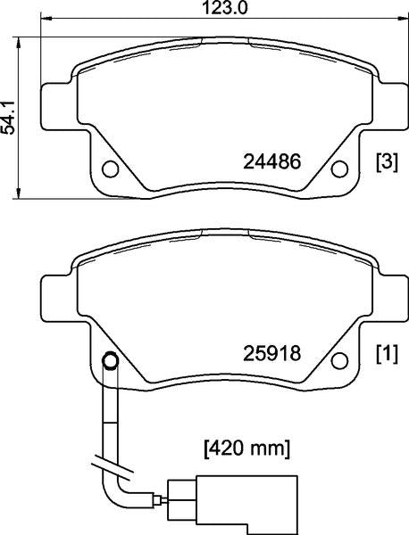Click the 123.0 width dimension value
point(224,8)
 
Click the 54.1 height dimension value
point(8,118)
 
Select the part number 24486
point(272,161)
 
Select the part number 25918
point(272,353)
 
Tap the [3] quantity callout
point(388,162)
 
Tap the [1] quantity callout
point(388,354)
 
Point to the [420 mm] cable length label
point(246,449)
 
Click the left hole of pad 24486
point(111,169)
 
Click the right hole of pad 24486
point(340,169)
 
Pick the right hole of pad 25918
point(340,360)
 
